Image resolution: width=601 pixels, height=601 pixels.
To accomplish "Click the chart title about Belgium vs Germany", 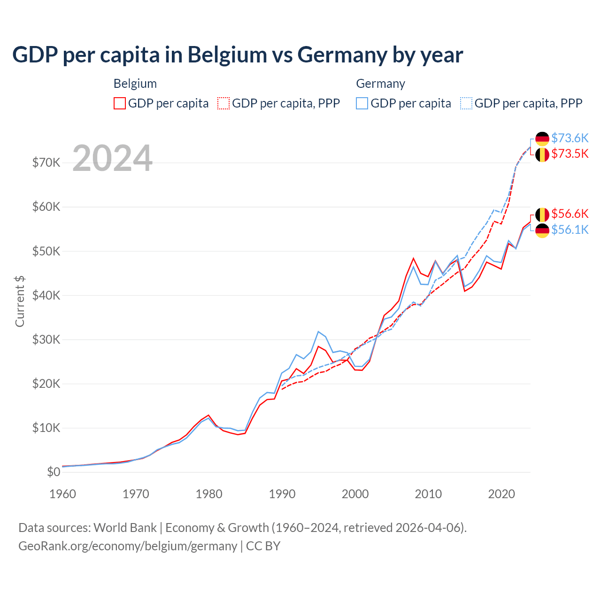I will coord(238,55).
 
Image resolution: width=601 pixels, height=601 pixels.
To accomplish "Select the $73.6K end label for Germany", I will coord(570,138).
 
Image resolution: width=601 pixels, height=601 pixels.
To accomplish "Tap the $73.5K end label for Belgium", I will coord(570,154).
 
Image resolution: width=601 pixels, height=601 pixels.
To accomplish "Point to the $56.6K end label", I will coord(570,214).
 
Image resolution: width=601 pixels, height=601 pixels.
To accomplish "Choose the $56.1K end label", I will coord(570,230).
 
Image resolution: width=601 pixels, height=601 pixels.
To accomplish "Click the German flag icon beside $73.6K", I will coord(542,139).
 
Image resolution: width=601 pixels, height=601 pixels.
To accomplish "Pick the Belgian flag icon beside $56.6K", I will coord(542,215).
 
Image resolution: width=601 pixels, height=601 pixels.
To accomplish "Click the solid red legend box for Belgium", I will coord(120,103).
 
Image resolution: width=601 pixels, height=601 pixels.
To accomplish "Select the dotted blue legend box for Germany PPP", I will coord(466,103).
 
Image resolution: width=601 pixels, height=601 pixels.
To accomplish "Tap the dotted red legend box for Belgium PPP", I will coord(223,103).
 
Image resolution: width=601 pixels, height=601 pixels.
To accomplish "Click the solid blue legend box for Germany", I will coord(362,103).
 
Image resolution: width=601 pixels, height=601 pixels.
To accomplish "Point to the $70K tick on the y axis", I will coord(46,163).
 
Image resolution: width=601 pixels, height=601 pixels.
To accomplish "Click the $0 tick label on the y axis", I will coord(54,472).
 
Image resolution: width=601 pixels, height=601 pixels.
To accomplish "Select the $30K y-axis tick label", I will coord(46,339).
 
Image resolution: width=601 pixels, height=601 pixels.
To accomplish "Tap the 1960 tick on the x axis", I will coord(63,494).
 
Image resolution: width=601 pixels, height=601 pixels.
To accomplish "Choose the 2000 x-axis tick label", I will coord(355,494).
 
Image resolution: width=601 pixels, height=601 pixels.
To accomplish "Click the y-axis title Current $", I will coord(20,301).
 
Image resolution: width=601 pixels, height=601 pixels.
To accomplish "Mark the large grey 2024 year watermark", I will coord(113,158).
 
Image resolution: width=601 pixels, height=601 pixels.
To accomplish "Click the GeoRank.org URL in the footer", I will coord(128,546).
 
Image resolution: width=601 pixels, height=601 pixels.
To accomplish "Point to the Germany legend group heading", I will coord(380,84).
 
